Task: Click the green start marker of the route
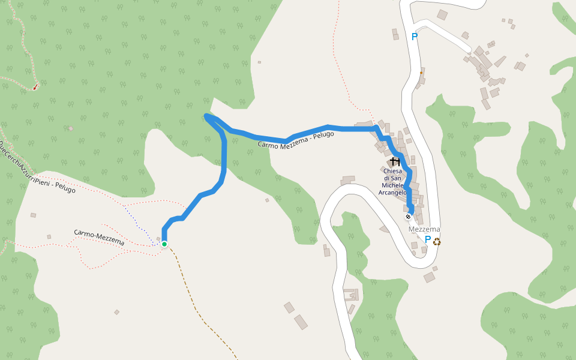pyautogui.click(x=164, y=244)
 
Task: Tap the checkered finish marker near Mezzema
pyautogui.click(x=408, y=217)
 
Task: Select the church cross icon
pyautogui.click(x=395, y=161)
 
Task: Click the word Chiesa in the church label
pyautogui.click(x=392, y=171)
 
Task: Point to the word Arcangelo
pyautogui.click(x=392, y=193)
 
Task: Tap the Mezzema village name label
pyautogui.click(x=424, y=229)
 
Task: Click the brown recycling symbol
pyautogui.click(x=437, y=241)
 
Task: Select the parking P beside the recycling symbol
pyautogui.click(x=427, y=240)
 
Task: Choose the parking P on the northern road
pyautogui.click(x=414, y=37)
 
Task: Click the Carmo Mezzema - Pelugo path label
pyautogui.click(x=296, y=140)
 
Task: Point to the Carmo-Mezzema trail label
pyautogui.click(x=99, y=237)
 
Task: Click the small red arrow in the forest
pyautogui.click(x=35, y=87)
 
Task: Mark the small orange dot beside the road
pyautogui.click(x=421, y=73)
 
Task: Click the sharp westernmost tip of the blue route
pyautogui.click(x=206, y=115)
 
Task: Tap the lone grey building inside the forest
pyautogui.click(x=71, y=128)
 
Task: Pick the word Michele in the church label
pyautogui.click(x=392, y=185)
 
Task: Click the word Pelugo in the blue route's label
pyautogui.click(x=322, y=135)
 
